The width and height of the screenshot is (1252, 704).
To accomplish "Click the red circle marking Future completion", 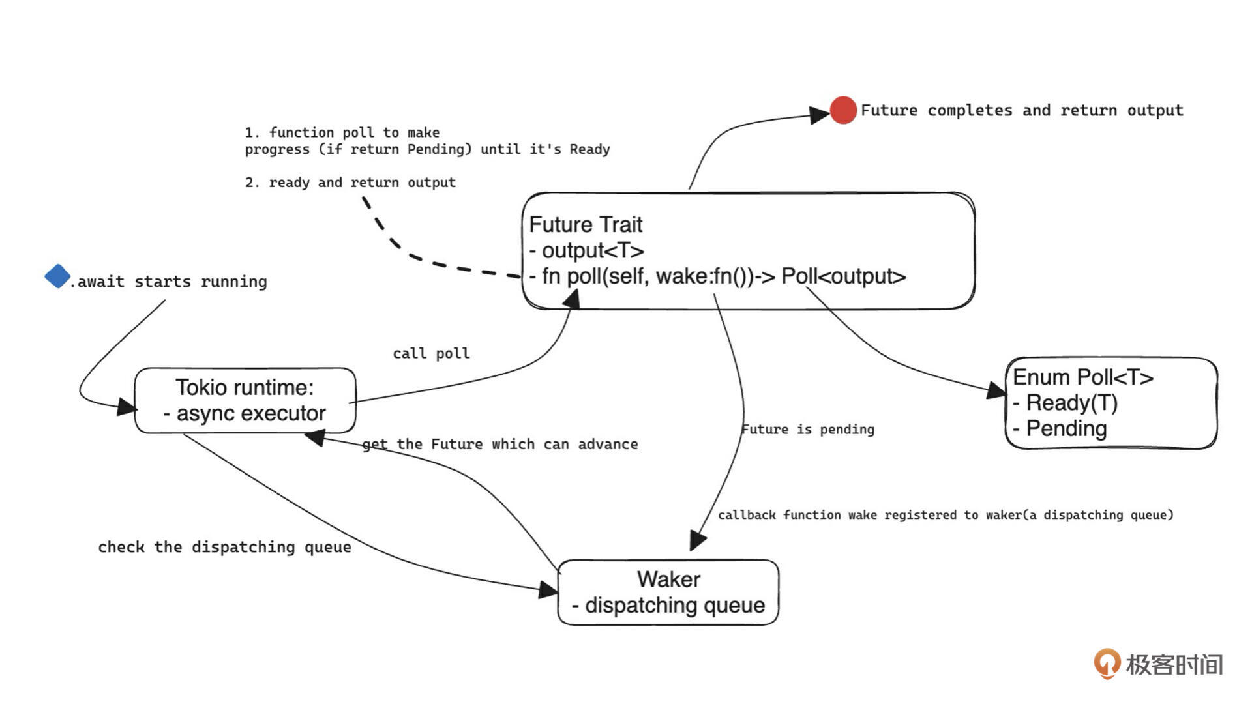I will (842, 110).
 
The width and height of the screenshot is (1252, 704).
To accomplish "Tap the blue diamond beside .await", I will (57, 276).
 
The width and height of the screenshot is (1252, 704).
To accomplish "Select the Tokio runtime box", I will (245, 400).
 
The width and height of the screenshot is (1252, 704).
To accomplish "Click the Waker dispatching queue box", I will (668, 592).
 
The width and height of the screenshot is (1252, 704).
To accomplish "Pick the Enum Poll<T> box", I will (1111, 403).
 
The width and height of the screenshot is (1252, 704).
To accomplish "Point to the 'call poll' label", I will (431, 353).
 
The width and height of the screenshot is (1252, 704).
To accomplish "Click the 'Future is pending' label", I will (808, 430).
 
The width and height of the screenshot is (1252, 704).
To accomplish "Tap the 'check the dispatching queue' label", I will (224, 547).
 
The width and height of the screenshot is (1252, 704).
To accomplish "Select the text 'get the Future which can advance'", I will (500, 445).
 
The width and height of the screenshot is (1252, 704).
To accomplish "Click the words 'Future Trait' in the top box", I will (586, 225).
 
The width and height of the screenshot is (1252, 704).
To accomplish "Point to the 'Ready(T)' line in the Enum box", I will (1072, 403).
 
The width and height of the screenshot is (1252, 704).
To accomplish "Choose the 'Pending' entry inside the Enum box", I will (1066, 429).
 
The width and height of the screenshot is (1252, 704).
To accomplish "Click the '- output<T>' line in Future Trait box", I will (587, 250).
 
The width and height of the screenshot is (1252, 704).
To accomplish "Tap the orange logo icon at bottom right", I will (1107, 664).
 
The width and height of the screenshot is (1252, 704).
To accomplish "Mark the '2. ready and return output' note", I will (350, 183).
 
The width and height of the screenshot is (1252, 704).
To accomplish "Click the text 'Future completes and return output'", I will (1022, 110).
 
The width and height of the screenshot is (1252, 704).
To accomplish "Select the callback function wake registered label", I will (946, 515).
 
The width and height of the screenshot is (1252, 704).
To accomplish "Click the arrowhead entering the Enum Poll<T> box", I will (996, 390).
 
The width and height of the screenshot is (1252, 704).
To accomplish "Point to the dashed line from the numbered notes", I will (417, 256).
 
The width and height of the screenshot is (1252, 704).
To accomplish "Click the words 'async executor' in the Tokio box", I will (251, 413).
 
